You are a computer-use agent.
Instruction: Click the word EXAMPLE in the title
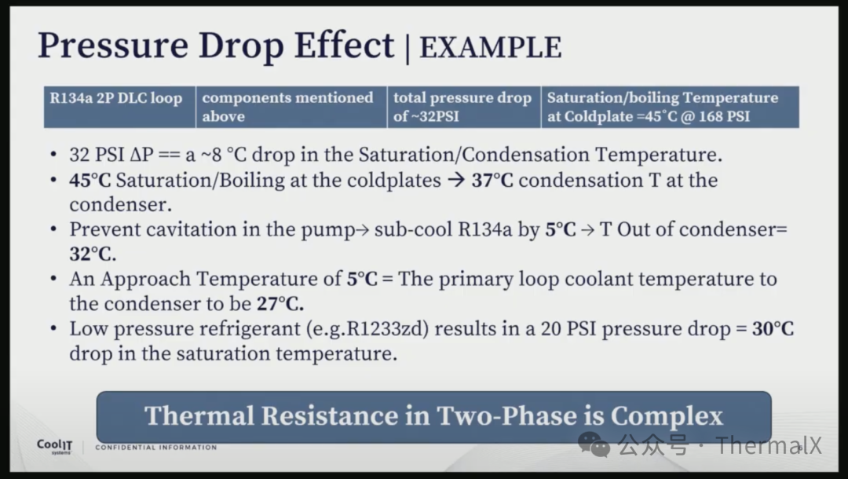click(x=491, y=48)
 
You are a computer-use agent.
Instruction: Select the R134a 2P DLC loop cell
click(x=119, y=107)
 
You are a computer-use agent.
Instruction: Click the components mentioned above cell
click(x=291, y=107)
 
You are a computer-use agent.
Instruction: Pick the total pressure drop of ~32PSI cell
click(x=464, y=107)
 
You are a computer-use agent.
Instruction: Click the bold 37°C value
click(x=492, y=180)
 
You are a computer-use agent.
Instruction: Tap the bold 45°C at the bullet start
click(x=90, y=180)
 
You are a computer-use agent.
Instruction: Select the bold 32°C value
click(x=93, y=254)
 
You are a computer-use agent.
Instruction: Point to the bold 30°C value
click(x=773, y=328)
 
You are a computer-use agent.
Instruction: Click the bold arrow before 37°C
click(x=456, y=180)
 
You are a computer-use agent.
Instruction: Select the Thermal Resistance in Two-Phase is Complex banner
click(x=433, y=417)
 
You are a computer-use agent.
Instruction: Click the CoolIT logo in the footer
click(x=55, y=447)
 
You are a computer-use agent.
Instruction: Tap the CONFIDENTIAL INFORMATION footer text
click(x=155, y=448)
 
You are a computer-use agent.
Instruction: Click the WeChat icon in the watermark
click(x=594, y=444)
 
